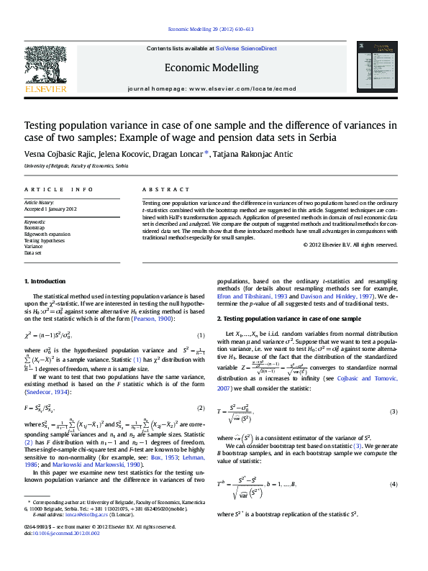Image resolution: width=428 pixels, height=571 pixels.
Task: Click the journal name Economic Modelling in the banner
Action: point(211,68)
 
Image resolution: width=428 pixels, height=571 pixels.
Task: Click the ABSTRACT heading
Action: point(158,189)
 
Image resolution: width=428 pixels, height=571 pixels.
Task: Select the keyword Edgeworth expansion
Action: point(47,234)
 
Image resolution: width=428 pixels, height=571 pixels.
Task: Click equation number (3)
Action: point(393,411)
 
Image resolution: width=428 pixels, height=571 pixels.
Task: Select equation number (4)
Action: point(393,485)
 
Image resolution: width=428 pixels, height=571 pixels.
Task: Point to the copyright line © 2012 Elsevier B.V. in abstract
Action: point(350,245)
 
